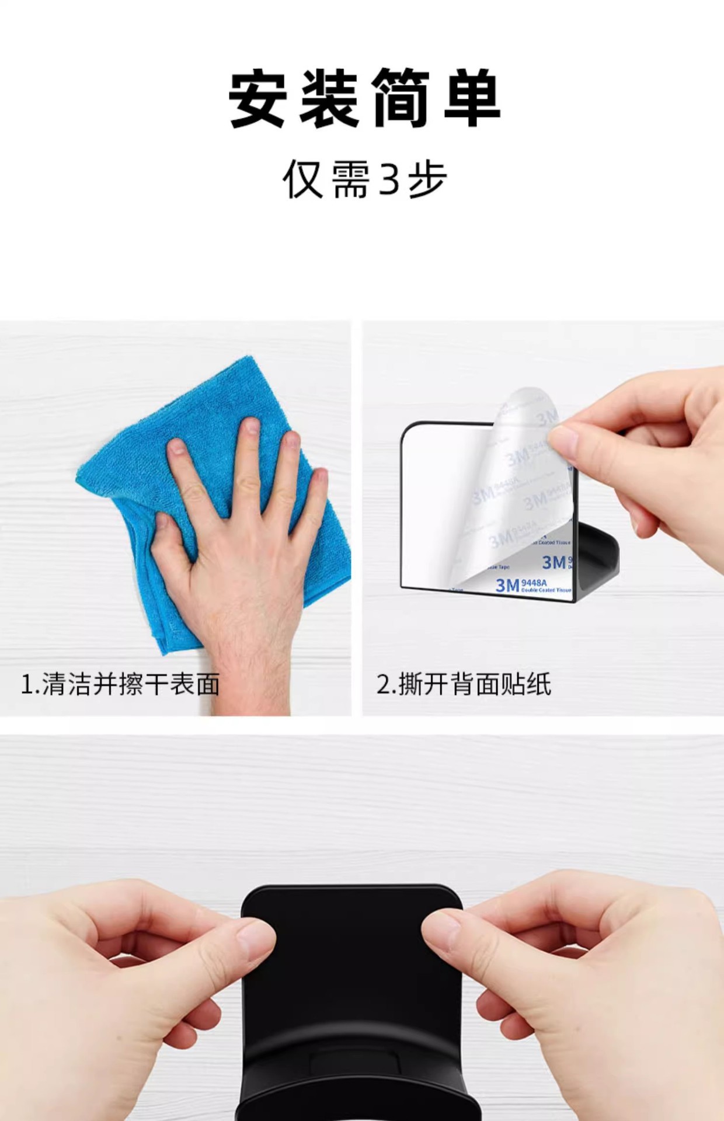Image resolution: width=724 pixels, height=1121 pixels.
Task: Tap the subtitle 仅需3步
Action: coord(364,179)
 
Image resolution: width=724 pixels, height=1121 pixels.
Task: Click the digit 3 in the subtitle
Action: coord(389,179)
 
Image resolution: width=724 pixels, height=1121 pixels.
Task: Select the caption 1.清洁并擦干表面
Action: coord(120,684)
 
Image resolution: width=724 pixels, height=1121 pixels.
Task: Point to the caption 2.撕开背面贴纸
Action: coord(464,684)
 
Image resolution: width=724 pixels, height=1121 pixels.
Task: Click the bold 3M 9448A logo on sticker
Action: coord(520,584)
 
